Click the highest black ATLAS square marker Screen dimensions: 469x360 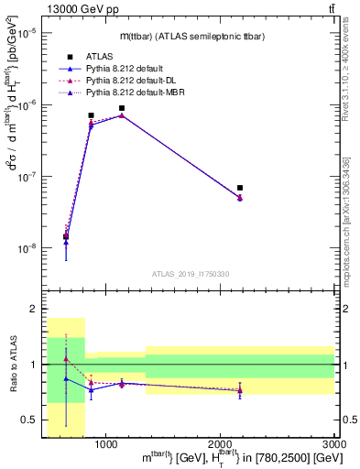(x=122, y=108)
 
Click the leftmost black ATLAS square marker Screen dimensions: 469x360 (x=66, y=236)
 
